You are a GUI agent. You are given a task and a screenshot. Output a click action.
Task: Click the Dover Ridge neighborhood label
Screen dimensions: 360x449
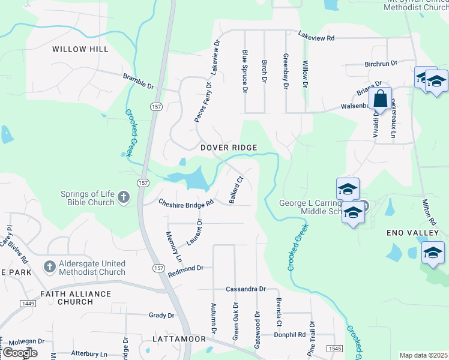point(229,148)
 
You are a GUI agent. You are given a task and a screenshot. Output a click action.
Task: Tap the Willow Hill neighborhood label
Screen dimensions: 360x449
point(80,49)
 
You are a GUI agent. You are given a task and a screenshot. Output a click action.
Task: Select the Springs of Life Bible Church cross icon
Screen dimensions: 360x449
point(123,197)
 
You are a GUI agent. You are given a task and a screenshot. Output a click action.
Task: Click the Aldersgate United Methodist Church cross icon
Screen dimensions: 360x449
point(50,265)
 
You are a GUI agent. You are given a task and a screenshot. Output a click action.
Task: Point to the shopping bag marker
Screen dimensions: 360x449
point(381,98)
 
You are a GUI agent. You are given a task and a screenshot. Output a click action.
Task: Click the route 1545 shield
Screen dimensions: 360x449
point(335,349)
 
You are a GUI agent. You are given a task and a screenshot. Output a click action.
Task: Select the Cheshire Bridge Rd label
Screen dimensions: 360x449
point(186,203)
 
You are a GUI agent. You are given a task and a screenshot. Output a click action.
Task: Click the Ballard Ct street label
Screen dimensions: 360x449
point(235,189)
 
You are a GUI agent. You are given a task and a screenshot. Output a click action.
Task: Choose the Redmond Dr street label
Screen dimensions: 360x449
point(186,271)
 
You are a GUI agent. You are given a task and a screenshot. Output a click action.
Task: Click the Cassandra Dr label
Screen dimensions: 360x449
point(246,289)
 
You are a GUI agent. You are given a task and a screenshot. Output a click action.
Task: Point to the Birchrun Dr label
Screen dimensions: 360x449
point(381,63)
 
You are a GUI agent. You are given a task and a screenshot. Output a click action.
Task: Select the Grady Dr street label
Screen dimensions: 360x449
point(161,315)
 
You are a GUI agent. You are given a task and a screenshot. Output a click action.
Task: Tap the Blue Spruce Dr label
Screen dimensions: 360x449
point(244,71)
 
